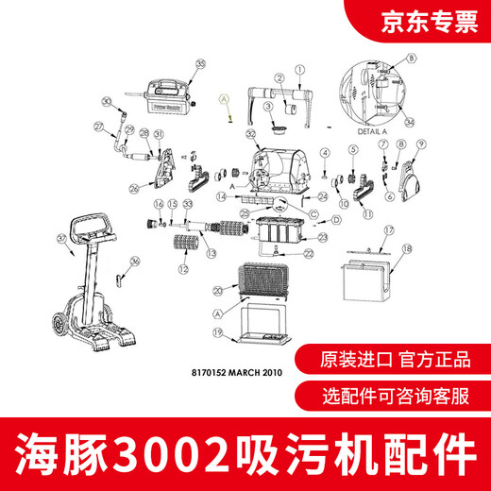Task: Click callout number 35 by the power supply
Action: [200, 64]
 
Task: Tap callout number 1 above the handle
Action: [299, 70]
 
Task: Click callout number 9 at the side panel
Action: [351, 149]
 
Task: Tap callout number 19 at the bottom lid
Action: [216, 333]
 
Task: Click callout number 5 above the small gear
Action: [351, 149]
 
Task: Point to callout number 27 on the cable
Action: [98, 126]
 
